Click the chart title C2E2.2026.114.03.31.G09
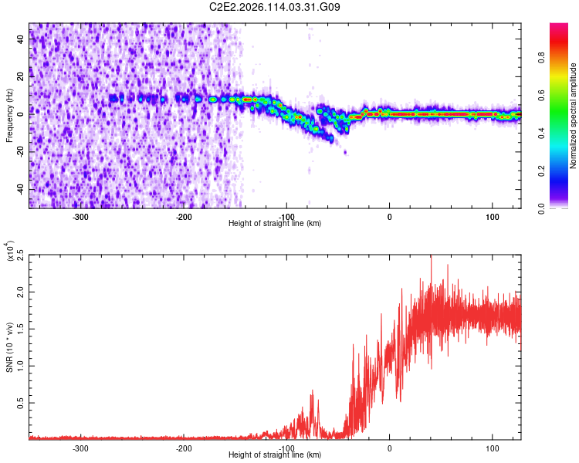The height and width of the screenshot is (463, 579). (x=276, y=7)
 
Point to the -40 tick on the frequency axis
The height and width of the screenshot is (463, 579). (x=20, y=189)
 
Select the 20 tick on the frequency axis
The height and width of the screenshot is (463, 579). (x=22, y=76)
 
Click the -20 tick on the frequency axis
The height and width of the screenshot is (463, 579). (x=20, y=151)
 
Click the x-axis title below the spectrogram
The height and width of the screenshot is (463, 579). (x=276, y=224)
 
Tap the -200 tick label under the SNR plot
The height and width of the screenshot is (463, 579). (x=184, y=448)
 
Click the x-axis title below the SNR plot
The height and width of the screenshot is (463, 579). (x=276, y=455)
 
